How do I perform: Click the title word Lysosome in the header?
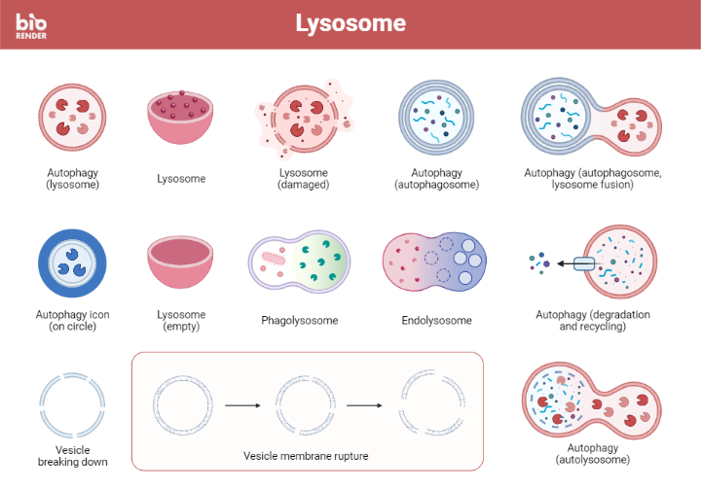350,23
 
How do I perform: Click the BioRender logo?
31,23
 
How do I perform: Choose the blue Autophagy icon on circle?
73,265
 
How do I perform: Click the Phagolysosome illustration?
299,264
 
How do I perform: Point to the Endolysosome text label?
436,321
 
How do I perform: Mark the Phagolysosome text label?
299,321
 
